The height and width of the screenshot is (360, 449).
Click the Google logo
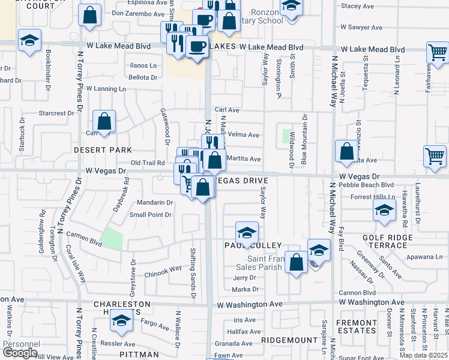[x=20, y=353]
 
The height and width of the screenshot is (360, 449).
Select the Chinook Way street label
[x=163, y=269]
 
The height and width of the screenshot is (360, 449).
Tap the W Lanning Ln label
[x=106, y=88]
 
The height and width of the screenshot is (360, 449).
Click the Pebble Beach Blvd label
[x=366, y=185]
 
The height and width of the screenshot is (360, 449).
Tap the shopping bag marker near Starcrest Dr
[x=104, y=121]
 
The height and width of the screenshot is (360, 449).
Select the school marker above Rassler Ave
[x=121, y=321]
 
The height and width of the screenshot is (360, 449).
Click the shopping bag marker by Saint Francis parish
[x=296, y=262]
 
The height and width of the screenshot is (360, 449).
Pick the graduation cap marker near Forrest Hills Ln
[x=384, y=210]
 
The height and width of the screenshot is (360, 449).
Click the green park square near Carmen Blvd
[x=112, y=239]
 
